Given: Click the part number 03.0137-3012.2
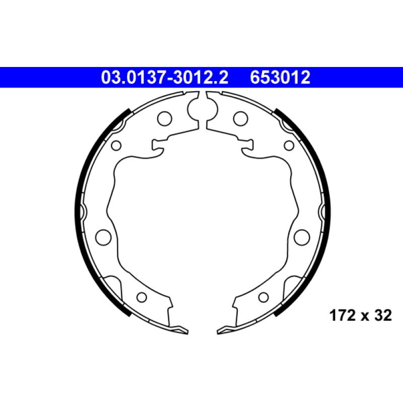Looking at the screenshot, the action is tap(165, 78).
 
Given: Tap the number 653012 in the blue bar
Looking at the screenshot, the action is tap(280, 78).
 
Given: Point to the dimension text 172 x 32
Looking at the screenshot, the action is tap(361, 315).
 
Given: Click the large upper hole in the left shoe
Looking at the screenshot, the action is tap(165, 119).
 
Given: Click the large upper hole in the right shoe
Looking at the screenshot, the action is tap(241, 119).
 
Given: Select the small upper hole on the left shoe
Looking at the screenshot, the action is tap(116, 146).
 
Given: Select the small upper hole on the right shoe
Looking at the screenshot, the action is tap(289, 146).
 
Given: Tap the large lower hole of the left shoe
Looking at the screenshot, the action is tap(103, 237).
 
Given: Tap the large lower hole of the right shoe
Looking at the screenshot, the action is tap(302, 237).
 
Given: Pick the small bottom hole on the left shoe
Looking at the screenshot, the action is tap(142, 297).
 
